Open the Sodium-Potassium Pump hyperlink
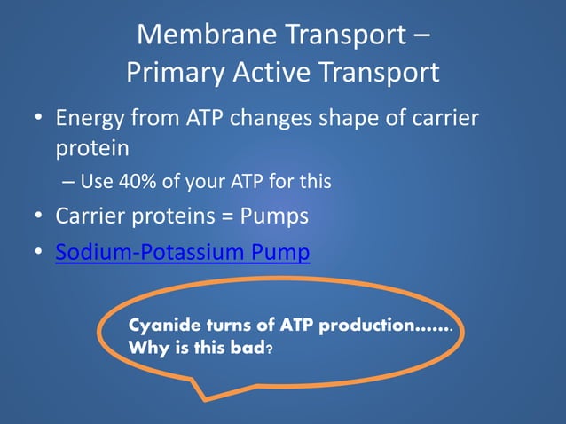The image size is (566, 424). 182,253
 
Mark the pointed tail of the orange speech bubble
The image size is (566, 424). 201,395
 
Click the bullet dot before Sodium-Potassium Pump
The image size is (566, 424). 38,254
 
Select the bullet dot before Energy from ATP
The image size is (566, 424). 38,119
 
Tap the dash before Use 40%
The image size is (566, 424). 68,183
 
